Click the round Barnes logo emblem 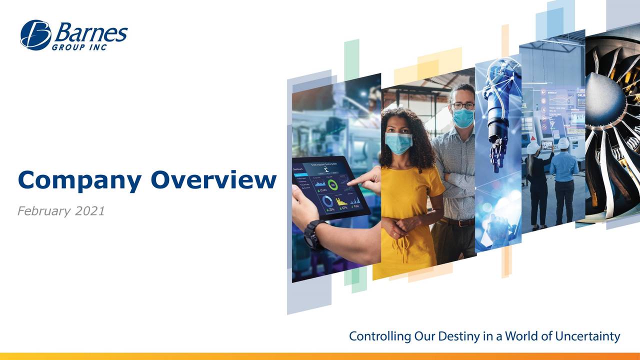click(x=35, y=35)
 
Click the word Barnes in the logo click(x=90, y=33)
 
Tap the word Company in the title click(x=79, y=181)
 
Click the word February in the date click(x=44, y=211)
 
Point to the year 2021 click(x=90, y=211)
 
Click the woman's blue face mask click(x=399, y=142)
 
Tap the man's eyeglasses click(x=463, y=106)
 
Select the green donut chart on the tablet click(x=332, y=185)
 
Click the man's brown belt click(x=457, y=222)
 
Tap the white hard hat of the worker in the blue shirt click(x=563, y=143)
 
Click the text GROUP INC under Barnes click(x=79, y=47)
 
